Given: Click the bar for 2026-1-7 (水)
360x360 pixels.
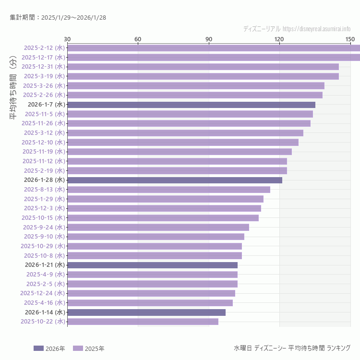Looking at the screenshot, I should click(x=191, y=105).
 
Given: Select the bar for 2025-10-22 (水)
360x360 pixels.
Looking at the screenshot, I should click(x=143, y=322).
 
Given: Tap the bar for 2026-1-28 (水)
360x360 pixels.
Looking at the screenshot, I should click(x=175, y=180).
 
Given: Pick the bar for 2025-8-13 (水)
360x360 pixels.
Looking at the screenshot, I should click(x=168, y=190).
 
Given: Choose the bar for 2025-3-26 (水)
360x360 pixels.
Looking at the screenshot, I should click(x=196, y=85).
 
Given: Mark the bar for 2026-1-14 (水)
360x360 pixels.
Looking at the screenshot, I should click(x=146, y=312).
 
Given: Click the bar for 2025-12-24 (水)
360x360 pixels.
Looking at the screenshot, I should click(x=151, y=293).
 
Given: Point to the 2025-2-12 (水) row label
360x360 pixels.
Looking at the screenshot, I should click(x=44, y=48).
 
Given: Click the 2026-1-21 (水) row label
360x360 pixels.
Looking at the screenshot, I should click(x=45, y=265).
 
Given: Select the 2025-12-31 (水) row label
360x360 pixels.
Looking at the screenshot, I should click(x=43, y=67).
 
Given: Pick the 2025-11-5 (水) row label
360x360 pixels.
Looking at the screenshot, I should click(x=45, y=114).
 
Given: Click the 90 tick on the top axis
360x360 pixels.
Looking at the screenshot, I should click(x=209, y=39).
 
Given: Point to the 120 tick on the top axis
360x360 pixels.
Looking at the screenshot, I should click(x=279, y=39).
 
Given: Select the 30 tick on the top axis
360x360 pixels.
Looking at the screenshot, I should click(x=67, y=39).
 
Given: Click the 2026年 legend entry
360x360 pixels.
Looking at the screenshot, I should click(x=49, y=348).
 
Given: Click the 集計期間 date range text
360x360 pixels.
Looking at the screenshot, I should click(x=58, y=17).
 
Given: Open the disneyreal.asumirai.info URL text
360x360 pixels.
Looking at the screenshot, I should click(x=316, y=29).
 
